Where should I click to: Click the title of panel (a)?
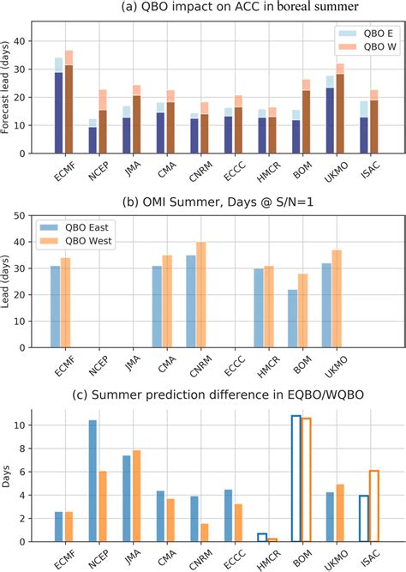(x=215, y=9)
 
